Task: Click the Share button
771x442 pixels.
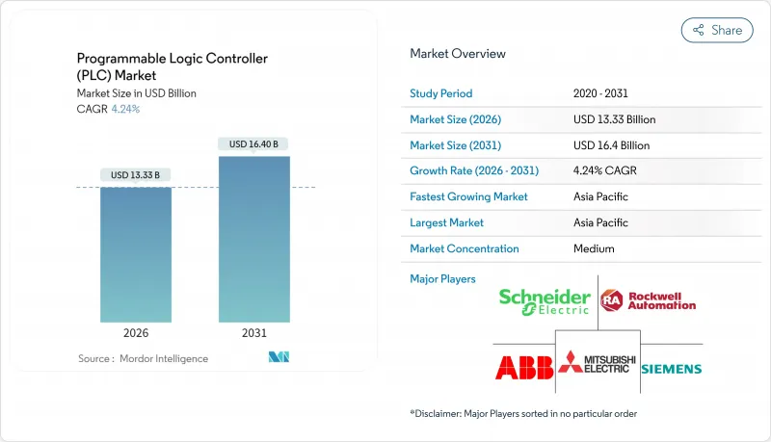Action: pos(717,30)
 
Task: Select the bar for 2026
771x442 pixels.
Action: pos(136,254)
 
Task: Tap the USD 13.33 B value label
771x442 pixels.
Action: pos(136,174)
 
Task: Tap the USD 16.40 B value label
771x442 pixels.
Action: pos(254,144)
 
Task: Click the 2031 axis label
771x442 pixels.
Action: pos(254,332)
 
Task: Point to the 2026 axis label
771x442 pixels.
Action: pos(136,332)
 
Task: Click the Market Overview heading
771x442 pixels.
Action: pos(458,54)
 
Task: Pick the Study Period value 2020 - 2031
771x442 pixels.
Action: pos(602,93)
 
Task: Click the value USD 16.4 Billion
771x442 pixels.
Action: pos(611,145)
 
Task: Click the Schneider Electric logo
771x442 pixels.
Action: pos(545,301)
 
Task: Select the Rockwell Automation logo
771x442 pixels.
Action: pos(648,300)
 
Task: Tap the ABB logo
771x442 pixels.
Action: pos(520,367)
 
